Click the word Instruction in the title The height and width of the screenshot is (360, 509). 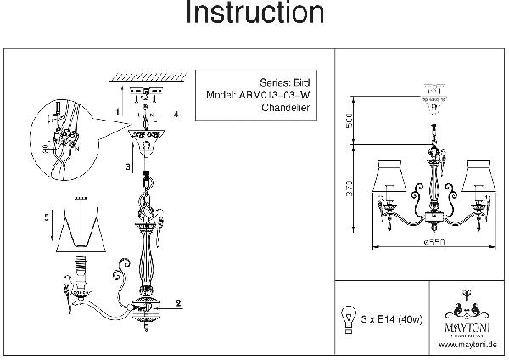(255, 14)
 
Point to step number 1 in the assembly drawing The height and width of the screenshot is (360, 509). (117, 111)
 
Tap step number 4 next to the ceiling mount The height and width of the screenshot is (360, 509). (176, 113)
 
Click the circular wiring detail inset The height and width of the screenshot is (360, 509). (60, 137)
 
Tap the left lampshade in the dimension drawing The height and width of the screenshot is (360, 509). (389, 176)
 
